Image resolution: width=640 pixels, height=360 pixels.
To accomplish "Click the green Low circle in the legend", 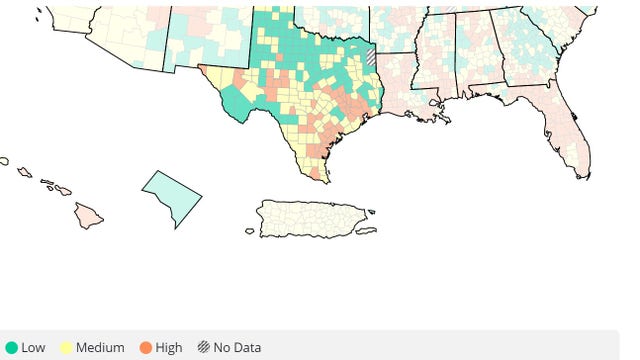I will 12,348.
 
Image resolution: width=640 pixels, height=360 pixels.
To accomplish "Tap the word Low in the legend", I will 33,348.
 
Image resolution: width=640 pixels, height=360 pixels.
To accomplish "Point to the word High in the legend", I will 169,348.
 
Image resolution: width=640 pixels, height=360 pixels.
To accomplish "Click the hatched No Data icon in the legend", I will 203,348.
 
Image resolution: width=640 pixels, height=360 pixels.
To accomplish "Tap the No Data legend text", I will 237,348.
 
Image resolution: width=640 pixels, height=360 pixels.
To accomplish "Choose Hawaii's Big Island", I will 88,215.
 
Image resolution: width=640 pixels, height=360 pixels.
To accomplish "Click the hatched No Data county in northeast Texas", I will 371,56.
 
